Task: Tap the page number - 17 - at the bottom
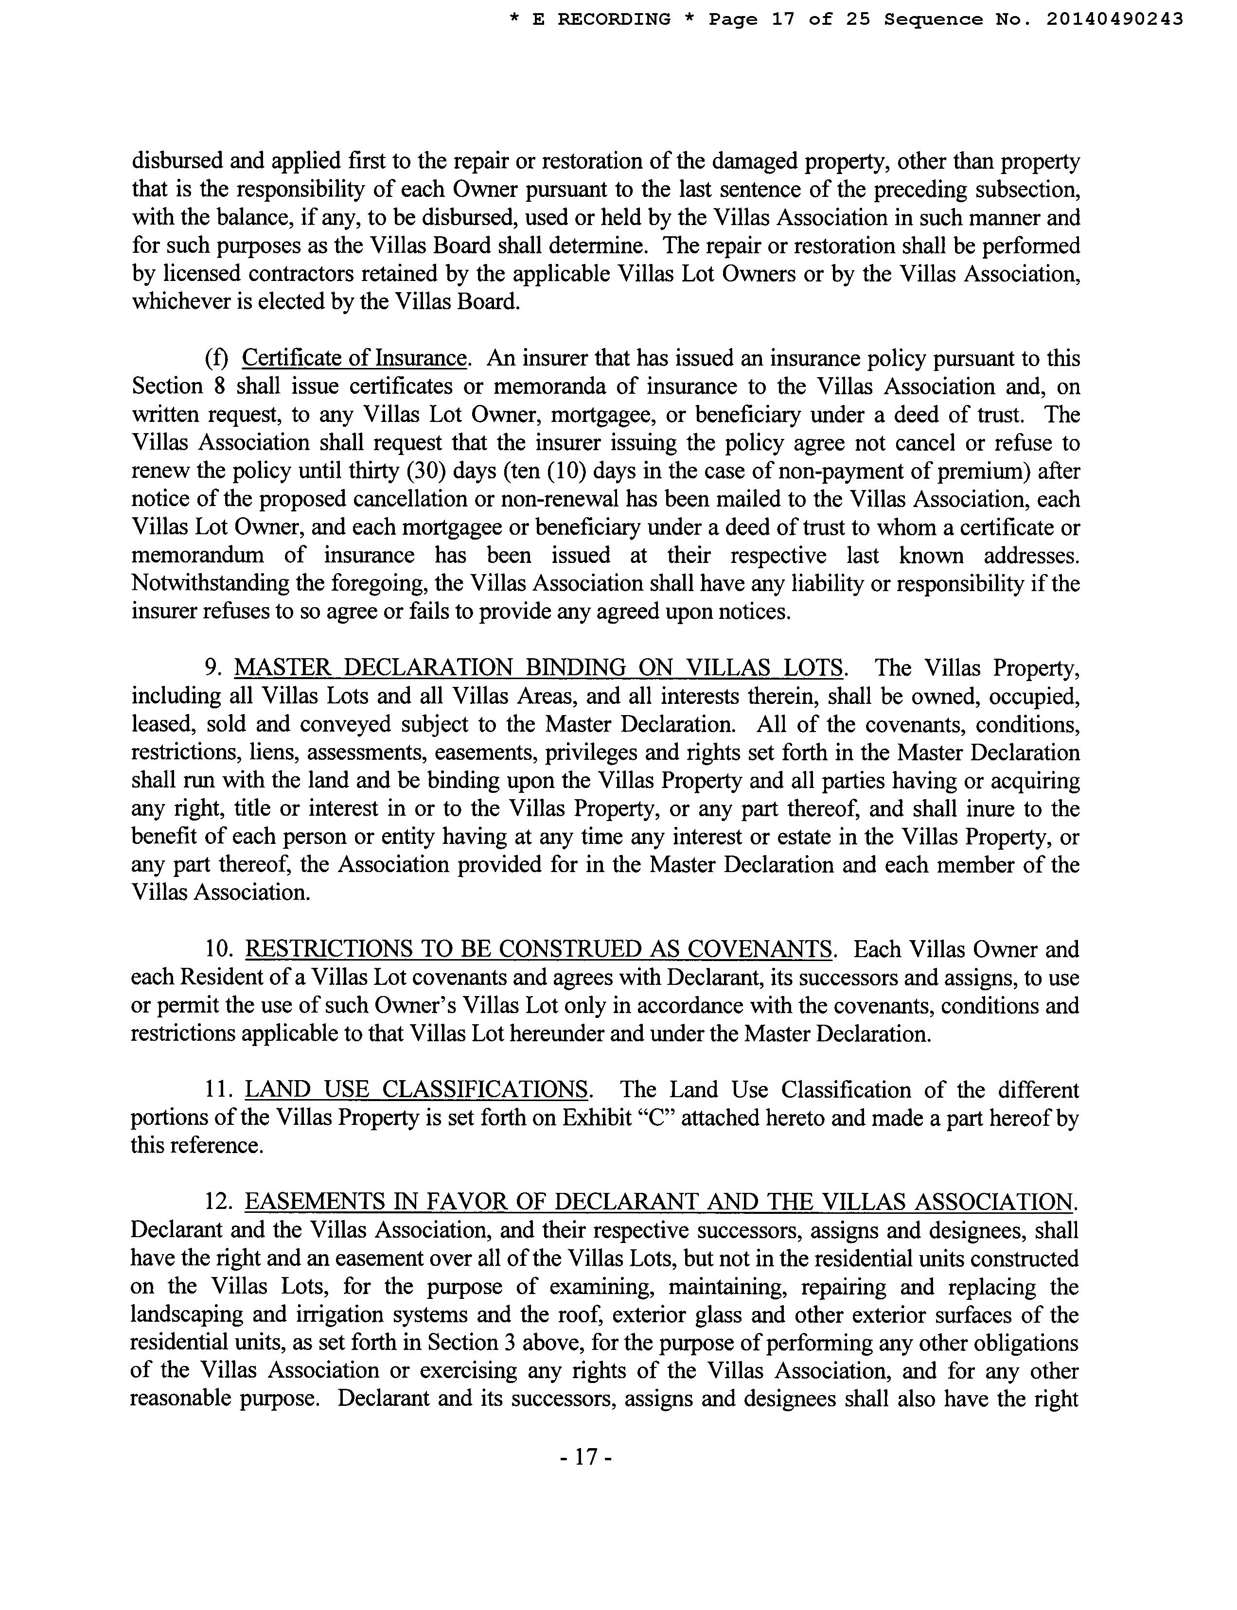point(586,1457)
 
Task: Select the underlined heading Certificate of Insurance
point(354,359)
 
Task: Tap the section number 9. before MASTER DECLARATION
point(213,668)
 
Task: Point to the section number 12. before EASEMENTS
point(219,1202)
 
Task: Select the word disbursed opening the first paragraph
point(175,161)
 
